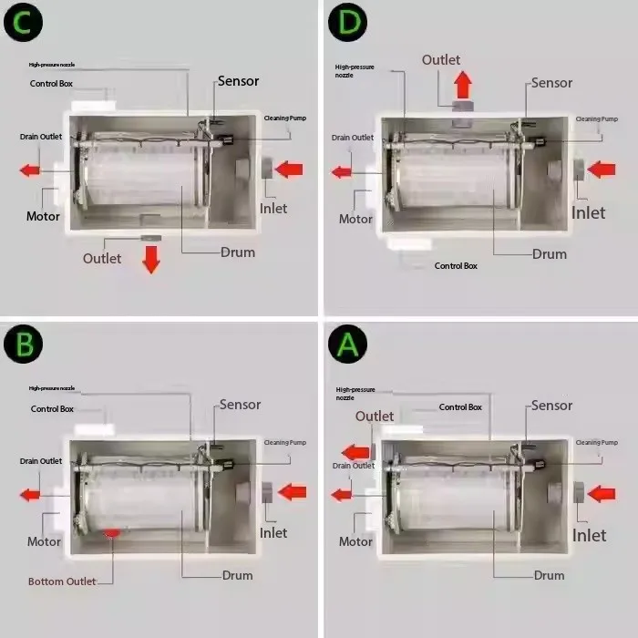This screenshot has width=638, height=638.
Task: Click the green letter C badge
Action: pyautogui.click(x=24, y=24)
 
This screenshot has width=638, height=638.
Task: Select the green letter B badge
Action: pyautogui.click(x=24, y=344)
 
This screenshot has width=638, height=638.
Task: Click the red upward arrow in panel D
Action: pyautogui.click(x=463, y=85)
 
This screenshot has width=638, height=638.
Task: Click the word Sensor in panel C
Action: pyautogui.click(x=237, y=81)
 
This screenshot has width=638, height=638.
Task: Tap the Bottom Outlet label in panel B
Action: pyautogui.click(x=61, y=581)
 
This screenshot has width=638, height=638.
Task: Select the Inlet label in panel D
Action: pyautogui.click(x=588, y=212)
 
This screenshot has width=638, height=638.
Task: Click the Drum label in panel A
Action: pyautogui.click(x=550, y=575)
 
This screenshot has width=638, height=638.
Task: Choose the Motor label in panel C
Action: pyautogui.click(x=43, y=216)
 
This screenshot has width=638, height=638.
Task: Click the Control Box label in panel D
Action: pyautogui.click(x=456, y=265)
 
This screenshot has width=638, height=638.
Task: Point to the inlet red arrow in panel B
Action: pyautogui.click(x=292, y=492)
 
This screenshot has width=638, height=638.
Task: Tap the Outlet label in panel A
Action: pyautogui.click(x=375, y=417)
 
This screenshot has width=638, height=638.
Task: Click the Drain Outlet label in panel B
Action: pyautogui.click(x=42, y=461)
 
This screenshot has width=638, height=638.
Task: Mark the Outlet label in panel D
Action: pyautogui.click(x=441, y=60)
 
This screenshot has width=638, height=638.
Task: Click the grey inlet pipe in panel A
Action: pyautogui.click(x=579, y=493)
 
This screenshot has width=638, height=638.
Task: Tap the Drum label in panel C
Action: pyautogui.click(x=237, y=252)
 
